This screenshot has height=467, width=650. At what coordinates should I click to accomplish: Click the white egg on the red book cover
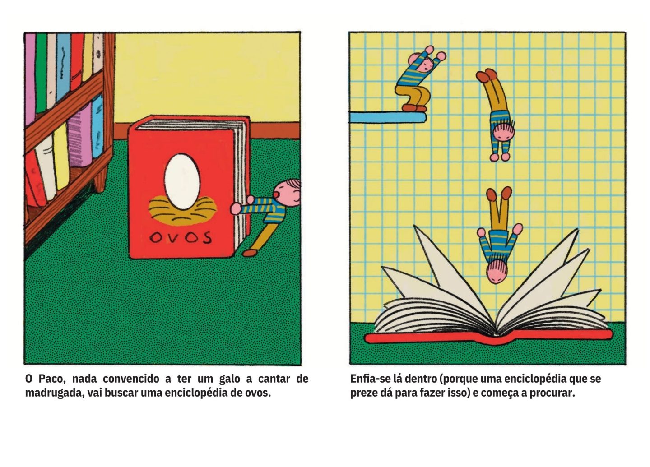[x=182, y=181]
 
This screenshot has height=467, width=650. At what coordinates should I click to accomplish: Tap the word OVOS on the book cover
[x=180, y=238]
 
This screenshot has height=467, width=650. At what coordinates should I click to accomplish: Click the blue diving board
[x=388, y=117]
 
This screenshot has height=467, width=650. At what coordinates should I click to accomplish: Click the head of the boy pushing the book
[x=287, y=193]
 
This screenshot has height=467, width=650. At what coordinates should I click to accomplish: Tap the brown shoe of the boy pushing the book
[x=250, y=253]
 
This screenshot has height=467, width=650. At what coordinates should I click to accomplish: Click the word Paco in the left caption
[x=51, y=379]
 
